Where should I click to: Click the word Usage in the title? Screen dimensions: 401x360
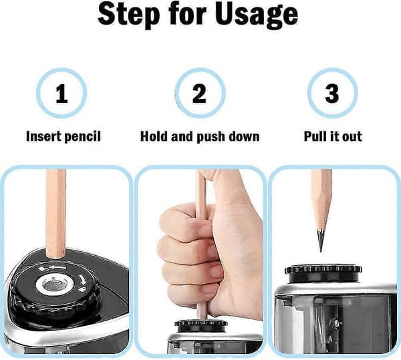(x=256, y=15)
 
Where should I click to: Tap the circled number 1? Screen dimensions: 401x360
(x=61, y=94)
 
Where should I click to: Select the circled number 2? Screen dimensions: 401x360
(x=200, y=94)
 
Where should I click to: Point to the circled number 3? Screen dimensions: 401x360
(x=332, y=94)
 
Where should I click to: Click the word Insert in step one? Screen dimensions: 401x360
(x=43, y=136)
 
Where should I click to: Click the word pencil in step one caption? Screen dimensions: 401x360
(x=82, y=137)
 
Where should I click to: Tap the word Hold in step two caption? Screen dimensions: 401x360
(x=154, y=136)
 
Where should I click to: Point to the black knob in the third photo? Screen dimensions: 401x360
(x=323, y=274)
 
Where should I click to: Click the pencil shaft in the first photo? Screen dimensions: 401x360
(x=55, y=213)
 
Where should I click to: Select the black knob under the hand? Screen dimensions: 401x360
(x=201, y=326)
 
